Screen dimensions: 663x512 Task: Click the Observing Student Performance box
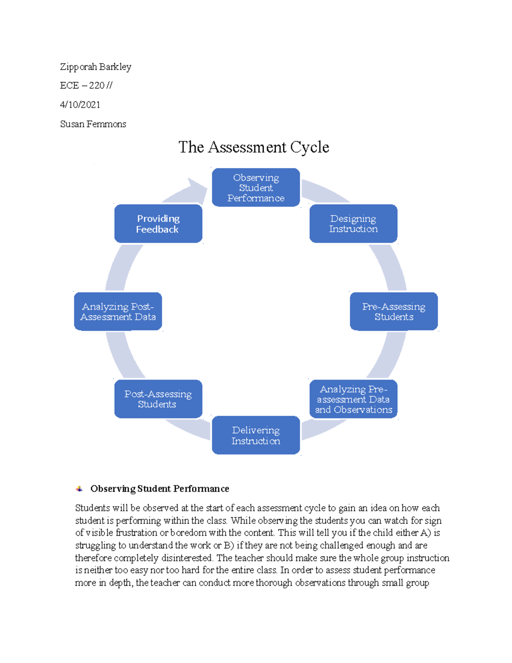pos(256,187)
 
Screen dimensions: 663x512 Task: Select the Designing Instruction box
pos(353,224)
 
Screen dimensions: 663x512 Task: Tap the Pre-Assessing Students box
pos(394,311)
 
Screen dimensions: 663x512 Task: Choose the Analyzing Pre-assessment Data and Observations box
pos(353,399)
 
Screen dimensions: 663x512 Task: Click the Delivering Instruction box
pos(256,435)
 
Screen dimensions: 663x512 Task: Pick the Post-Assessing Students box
pos(158,399)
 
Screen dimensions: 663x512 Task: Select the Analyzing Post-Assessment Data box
pos(118,311)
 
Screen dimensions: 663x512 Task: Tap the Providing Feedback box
pos(158,224)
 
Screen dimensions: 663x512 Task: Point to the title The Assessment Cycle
pos(253,147)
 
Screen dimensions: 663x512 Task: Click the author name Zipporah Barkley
pos(96,67)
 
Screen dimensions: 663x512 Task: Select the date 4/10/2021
pos(80,105)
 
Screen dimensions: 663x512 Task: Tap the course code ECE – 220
pos(82,85)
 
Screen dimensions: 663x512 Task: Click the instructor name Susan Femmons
pos(93,124)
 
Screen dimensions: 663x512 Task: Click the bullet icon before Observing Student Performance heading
pos(79,489)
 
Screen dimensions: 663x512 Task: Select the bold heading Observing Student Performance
pos(160,489)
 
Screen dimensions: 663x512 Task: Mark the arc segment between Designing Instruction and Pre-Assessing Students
pos(389,267)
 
